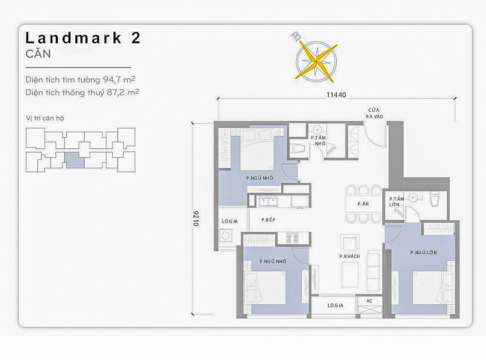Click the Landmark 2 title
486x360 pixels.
pyautogui.click(x=83, y=38)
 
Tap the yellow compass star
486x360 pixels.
pyautogui.click(x=316, y=61)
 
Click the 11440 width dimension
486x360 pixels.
pyautogui.click(x=336, y=95)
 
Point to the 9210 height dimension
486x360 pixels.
pyautogui.click(x=196, y=218)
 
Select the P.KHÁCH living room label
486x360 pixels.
pyautogui.click(x=350, y=256)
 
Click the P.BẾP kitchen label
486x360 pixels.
pyautogui.click(x=268, y=220)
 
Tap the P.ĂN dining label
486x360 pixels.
pyautogui.click(x=363, y=204)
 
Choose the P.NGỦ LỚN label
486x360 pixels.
pyautogui.click(x=423, y=252)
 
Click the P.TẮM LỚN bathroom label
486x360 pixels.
pyautogui.click(x=397, y=202)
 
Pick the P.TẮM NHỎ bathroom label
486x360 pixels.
pyautogui.click(x=318, y=141)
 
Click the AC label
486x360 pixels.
pyautogui.click(x=369, y=301)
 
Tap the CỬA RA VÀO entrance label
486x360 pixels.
pyautogui.click(x=375, y=113)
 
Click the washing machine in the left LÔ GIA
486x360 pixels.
pyautogui.click(x=225, y=235)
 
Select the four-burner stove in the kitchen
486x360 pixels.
pyautogui.click(x=292, y=238)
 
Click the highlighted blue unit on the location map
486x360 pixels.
pyautogui.click(x=74, y=161)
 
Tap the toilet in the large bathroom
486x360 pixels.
pyautogui.click(x=435, y=199)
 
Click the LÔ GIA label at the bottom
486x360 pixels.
pyautogui.click(x=335, y=306)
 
